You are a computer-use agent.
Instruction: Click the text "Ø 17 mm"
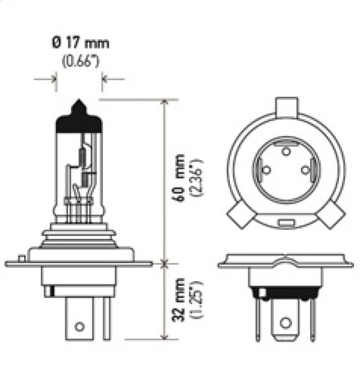(80, 44)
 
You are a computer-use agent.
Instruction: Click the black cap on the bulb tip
(79, 120)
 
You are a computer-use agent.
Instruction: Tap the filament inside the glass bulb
(83, 161)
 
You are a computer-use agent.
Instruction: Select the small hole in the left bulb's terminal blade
(79, 327)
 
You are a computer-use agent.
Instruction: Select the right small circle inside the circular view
(305, 171)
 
